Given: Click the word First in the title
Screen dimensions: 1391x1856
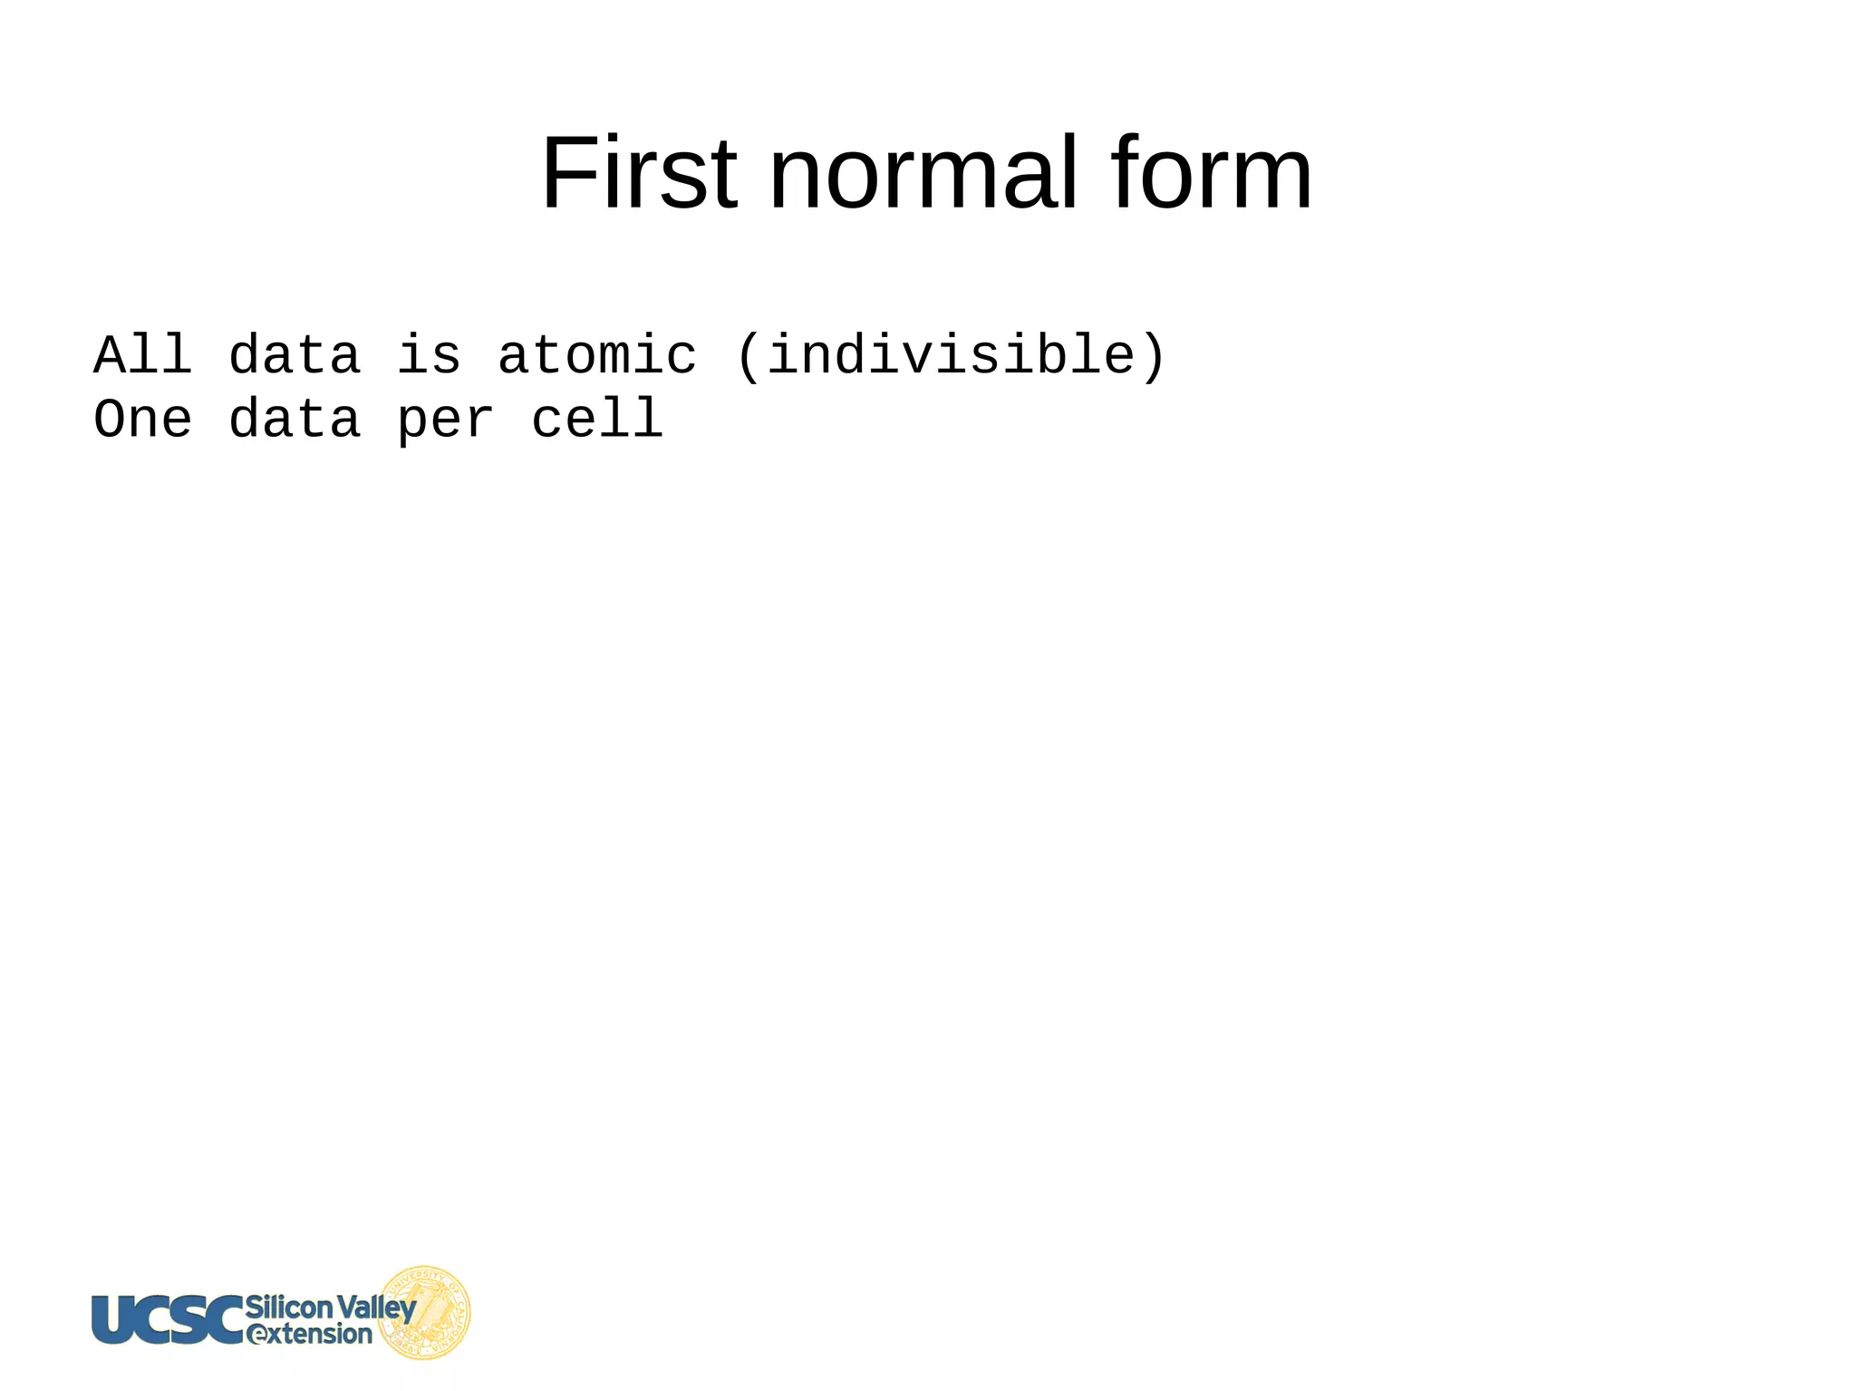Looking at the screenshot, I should pos(639,173).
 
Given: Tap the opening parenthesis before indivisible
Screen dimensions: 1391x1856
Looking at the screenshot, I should pos(748,356).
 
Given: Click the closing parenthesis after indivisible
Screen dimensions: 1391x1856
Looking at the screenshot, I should pos(1153,356).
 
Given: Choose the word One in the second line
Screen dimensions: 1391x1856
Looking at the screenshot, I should pos(143,420).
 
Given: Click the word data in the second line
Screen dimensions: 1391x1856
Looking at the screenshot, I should pos(295,420).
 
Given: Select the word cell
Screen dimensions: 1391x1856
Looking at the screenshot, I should pos(597,420).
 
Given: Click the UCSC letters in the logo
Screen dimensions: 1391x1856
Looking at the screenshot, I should pos(168,1319).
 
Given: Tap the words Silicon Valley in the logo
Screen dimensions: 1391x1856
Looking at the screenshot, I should pos(330,1307).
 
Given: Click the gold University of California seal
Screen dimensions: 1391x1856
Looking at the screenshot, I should pos(424,1312).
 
